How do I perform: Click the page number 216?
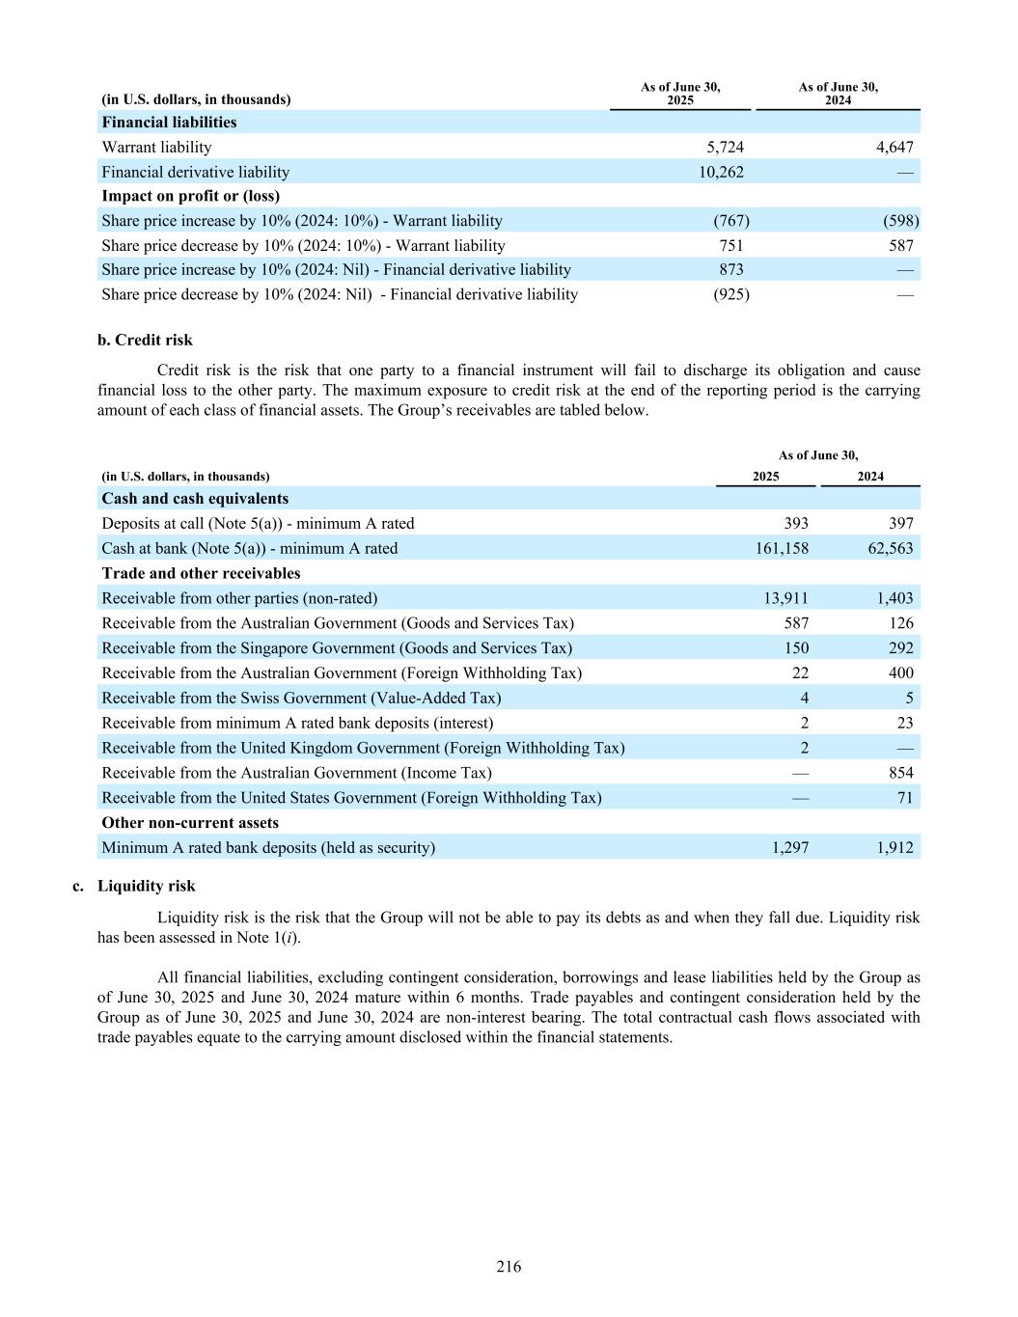point(509,1267)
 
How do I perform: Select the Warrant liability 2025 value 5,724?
point(725,148)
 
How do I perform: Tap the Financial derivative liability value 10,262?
point(721,173)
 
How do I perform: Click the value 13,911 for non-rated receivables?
point(785,599)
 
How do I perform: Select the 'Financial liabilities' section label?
point(169,123)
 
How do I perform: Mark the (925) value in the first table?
point(730,295)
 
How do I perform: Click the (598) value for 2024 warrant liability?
point(900,221)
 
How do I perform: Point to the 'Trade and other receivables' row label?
point(201,574)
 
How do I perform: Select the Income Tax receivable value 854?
point(900,774)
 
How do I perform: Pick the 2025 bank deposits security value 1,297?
point(789,848)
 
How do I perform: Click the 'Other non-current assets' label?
point(190,823)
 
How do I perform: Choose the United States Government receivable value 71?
point(904,798)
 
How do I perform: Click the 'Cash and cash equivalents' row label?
point(195,499)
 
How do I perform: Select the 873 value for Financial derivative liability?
point(730,270)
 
